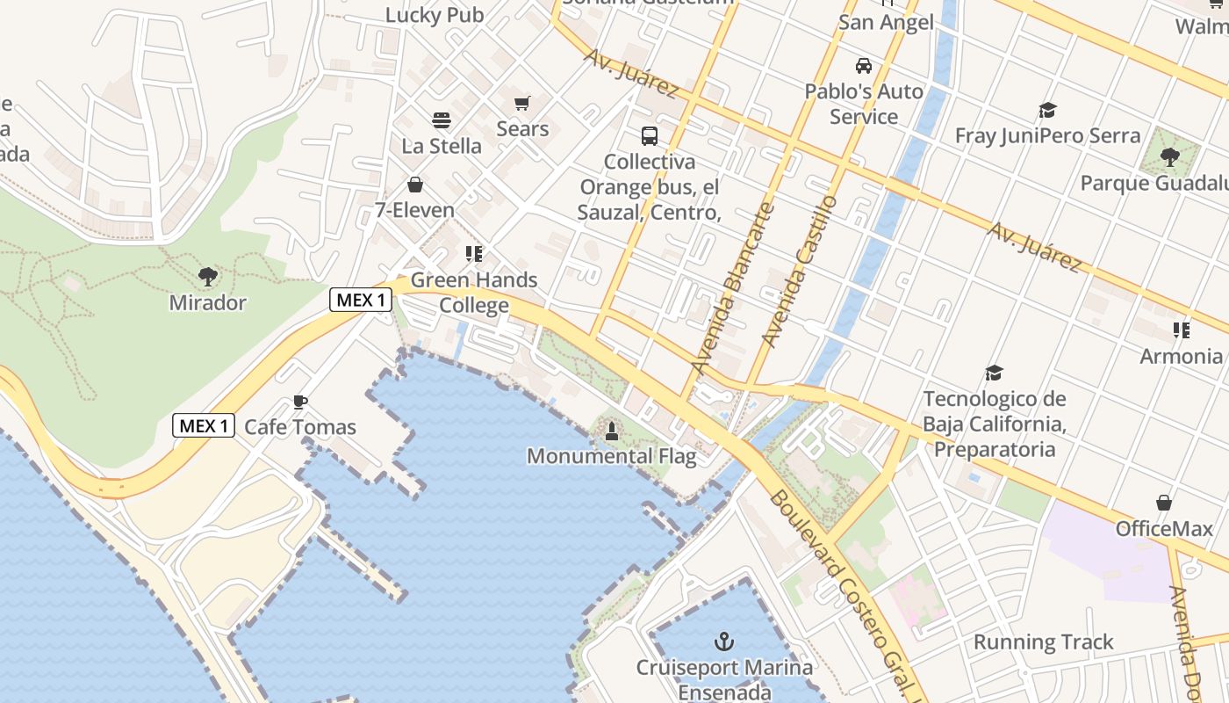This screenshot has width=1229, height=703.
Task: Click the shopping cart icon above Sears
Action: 522,104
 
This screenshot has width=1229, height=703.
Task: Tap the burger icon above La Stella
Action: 441,120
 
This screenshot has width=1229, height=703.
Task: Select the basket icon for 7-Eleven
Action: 414,185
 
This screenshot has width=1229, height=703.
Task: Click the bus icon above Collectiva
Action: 650,136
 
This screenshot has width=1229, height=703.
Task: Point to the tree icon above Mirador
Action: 208,277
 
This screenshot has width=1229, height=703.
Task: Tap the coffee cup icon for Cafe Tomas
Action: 300,402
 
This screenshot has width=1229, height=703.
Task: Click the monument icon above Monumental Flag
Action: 612,431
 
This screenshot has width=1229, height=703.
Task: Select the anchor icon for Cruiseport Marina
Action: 724,641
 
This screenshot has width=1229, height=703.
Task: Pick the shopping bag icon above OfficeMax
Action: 1164,503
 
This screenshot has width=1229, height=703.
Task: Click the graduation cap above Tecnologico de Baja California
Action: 994,373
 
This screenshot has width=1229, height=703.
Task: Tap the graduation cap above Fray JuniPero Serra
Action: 1047,111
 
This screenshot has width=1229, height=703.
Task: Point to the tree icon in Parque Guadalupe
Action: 1169,157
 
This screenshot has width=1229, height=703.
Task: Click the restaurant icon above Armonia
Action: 1182,330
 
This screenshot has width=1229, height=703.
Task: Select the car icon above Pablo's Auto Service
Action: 864,66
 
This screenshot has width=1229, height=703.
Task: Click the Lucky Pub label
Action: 435,15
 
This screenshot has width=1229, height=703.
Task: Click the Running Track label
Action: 1043,642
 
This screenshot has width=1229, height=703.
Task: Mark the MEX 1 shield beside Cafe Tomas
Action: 204,426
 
